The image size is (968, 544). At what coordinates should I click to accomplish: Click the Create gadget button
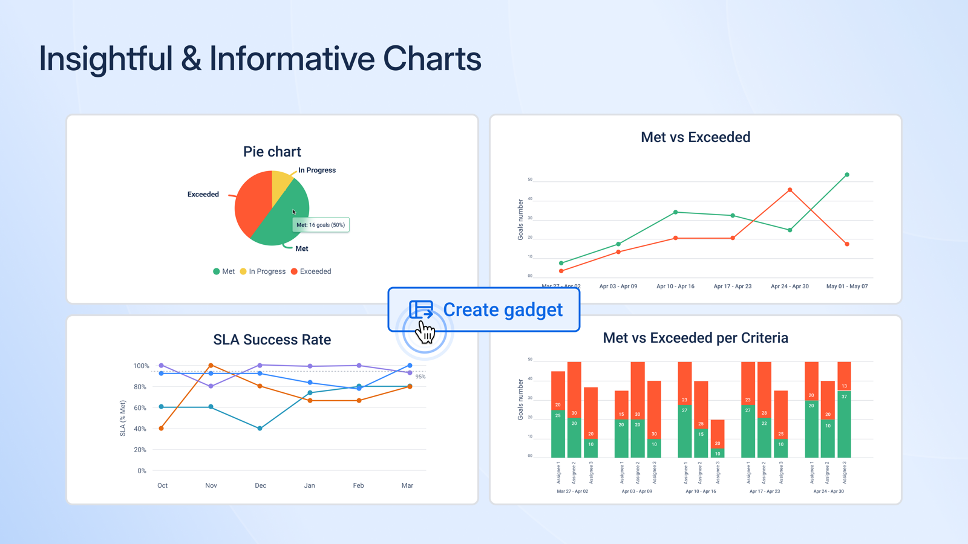tap(484, 309)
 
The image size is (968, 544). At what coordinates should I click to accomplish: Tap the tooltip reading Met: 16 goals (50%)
tap(321, 225)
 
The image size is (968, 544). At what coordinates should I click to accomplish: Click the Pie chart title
tap(272, 152)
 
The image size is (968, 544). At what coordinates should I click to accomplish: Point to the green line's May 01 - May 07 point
tap(847, 175)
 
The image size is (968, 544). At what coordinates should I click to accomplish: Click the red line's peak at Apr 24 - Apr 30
tap(790, 190)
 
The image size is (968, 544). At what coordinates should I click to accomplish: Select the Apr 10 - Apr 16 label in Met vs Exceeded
tap(675, 287)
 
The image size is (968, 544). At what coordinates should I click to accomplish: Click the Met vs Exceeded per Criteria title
tap(695, 338)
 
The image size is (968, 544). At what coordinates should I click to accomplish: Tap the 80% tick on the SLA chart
tap(140, 387)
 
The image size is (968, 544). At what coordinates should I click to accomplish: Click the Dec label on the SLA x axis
tap(260, 485)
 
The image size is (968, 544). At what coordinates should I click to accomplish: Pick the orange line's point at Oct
tap(161, 429)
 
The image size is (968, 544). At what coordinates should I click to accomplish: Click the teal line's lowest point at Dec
tap(260, 429)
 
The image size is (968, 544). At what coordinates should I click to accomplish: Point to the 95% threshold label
tap(420, 377)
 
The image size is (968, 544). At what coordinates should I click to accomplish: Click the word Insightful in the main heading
tap(105, 59)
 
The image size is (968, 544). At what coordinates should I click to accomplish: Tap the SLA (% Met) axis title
tap(123, 418)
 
